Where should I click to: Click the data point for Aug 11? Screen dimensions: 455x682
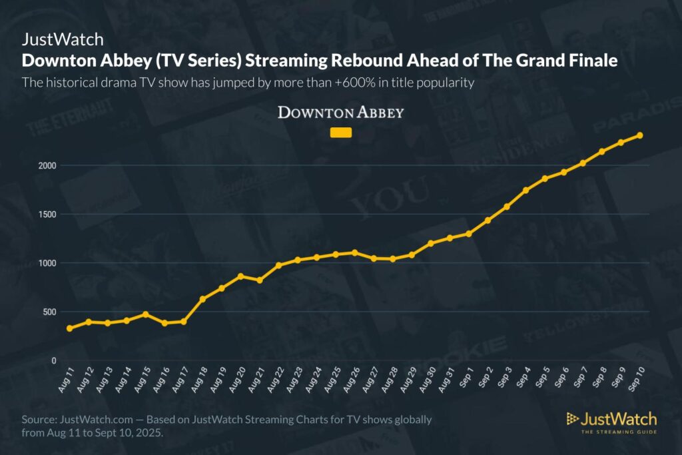coord(70,328)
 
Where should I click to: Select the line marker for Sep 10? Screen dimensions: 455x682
coord(640,135)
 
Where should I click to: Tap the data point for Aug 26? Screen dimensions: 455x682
coord(355,252)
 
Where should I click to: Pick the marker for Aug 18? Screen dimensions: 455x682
coord(203,298)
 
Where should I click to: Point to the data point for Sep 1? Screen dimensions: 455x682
coord(469,233)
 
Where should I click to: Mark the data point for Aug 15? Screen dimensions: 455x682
coord(146,314)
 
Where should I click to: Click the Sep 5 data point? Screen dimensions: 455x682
coord(545,179)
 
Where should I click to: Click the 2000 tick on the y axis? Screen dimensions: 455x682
coord(49,165)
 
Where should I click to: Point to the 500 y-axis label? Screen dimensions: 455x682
coord(51,312)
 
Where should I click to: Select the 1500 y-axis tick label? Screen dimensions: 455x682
coord(49,215)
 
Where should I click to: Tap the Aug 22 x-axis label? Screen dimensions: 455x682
coord(276,380)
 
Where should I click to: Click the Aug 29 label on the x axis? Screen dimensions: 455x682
coord(409,380)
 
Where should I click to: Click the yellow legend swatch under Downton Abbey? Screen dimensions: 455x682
coord(341,133)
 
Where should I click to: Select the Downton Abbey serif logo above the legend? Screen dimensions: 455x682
coord(340,112)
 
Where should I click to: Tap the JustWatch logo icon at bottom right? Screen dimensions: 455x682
coord(572,419)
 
